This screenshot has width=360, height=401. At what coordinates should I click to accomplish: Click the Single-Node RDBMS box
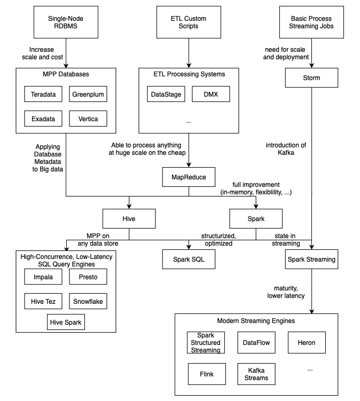pos(66,22)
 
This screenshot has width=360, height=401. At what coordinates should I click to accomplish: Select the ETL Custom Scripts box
pos(188,22)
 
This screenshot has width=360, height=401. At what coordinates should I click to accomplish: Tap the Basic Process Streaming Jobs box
pos(311,22)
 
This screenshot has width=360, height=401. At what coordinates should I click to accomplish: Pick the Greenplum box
pos(88,95)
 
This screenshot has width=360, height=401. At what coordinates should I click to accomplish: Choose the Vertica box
pos(88,118)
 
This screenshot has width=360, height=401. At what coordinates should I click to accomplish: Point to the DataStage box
pos(165,95)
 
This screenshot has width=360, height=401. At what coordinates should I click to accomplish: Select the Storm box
pos(311,78)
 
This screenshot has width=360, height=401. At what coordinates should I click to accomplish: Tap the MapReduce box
pos(188,177)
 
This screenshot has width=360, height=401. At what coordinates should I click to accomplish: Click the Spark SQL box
pos(188,260)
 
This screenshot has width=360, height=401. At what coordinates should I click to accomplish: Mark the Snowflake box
pos(88,301)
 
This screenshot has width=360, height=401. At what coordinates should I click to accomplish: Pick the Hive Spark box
pos(66,323)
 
